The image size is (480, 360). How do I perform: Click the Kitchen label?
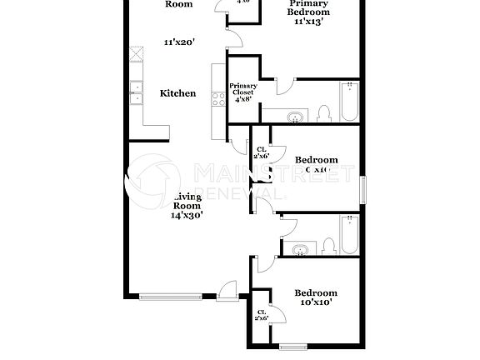click(x=178, y=93)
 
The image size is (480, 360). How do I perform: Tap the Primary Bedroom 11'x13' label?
click(x=308, y=12)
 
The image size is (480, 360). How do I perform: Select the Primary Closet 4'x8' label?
click(x=243, y=91)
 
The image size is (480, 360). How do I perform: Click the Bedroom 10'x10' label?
click(x=316, y=297)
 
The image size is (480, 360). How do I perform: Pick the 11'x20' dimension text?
click(x=178, y=41)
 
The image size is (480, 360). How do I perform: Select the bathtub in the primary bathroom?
click(x=350, y=102)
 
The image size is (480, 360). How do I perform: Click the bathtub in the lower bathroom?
click(x=350, y=235)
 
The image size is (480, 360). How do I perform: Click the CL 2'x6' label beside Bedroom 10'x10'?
click(x=262, y=314)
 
